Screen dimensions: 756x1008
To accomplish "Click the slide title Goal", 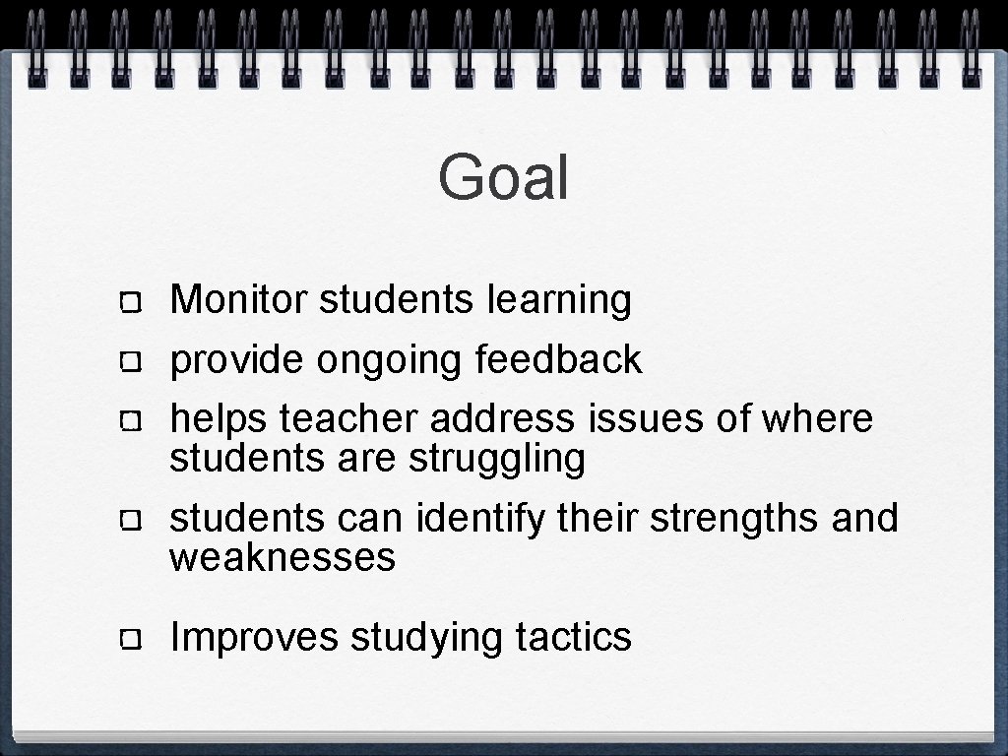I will (x=503, y=177).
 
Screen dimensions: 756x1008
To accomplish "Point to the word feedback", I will (x=558, y=360).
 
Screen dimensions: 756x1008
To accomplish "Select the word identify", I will (x=479, y=519).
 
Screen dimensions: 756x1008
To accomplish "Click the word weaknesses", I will (x=283, y=558).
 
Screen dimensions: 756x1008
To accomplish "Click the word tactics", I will (x=573, y=637).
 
